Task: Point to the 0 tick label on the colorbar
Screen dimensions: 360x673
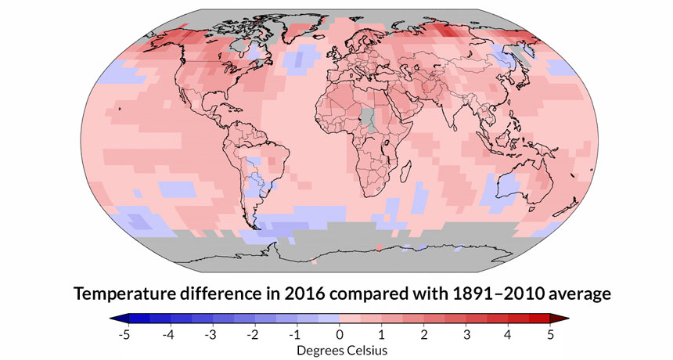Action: tap(338, 335)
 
